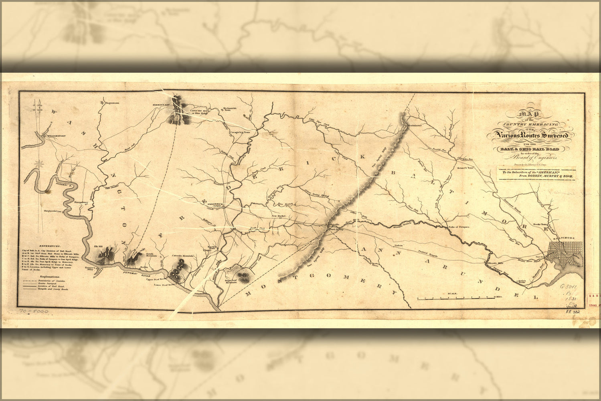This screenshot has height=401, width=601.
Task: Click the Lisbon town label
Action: (398, 245)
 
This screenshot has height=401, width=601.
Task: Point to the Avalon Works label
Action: (521, 282)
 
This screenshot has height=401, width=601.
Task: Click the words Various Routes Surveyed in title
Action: (530, 136)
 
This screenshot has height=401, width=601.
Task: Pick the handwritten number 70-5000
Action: (34, 311)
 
